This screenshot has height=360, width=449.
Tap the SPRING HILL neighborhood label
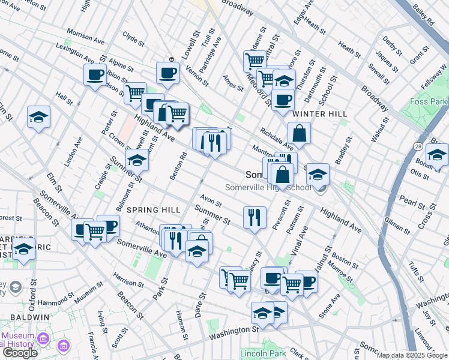(153, 210)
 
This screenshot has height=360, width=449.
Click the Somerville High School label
(268, 187)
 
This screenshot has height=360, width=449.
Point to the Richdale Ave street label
(277, 139)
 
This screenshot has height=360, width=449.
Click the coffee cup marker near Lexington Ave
(95, 76)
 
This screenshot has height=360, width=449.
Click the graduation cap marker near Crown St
(137, 161)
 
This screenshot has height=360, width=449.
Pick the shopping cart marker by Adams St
(255, 60)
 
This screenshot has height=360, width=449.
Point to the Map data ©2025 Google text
(412, 355)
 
